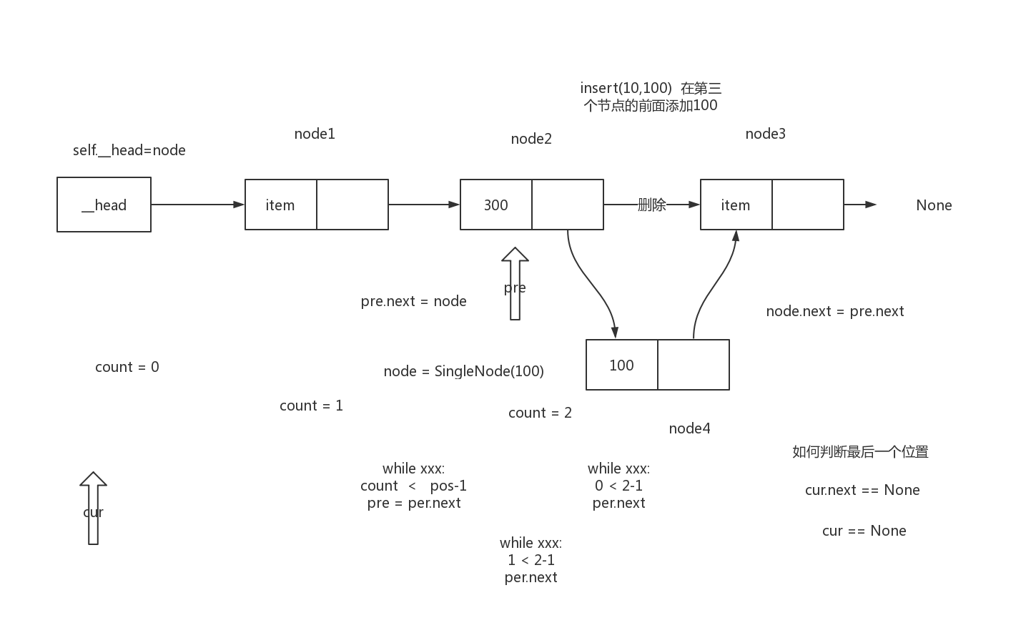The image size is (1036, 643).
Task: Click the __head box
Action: click(104, 205)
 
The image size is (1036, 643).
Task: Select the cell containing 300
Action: click(496, 205)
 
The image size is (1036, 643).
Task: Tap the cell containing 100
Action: click(621, 365)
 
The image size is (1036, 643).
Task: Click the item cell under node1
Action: click(280, 205)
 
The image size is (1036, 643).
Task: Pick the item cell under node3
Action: click(736, 205)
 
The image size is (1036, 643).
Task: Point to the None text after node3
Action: click(934, 205)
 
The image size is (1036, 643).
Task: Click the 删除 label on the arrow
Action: click(651, 205)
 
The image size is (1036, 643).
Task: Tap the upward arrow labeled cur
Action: click(93, 509)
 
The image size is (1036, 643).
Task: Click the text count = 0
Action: click(127, 367)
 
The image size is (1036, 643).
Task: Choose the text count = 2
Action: click(540, 413)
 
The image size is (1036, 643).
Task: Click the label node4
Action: click(689, 428)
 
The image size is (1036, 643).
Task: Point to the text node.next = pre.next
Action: click(834, 311)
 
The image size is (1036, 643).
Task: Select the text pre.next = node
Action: click(413, 301)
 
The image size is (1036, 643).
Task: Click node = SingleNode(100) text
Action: click(463, 371)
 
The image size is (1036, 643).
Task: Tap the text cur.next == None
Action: click(862, 490)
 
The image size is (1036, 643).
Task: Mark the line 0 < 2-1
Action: click(618, 486)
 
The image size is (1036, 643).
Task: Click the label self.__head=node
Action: click(129, 150)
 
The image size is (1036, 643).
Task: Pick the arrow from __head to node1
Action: click(197, 205)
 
